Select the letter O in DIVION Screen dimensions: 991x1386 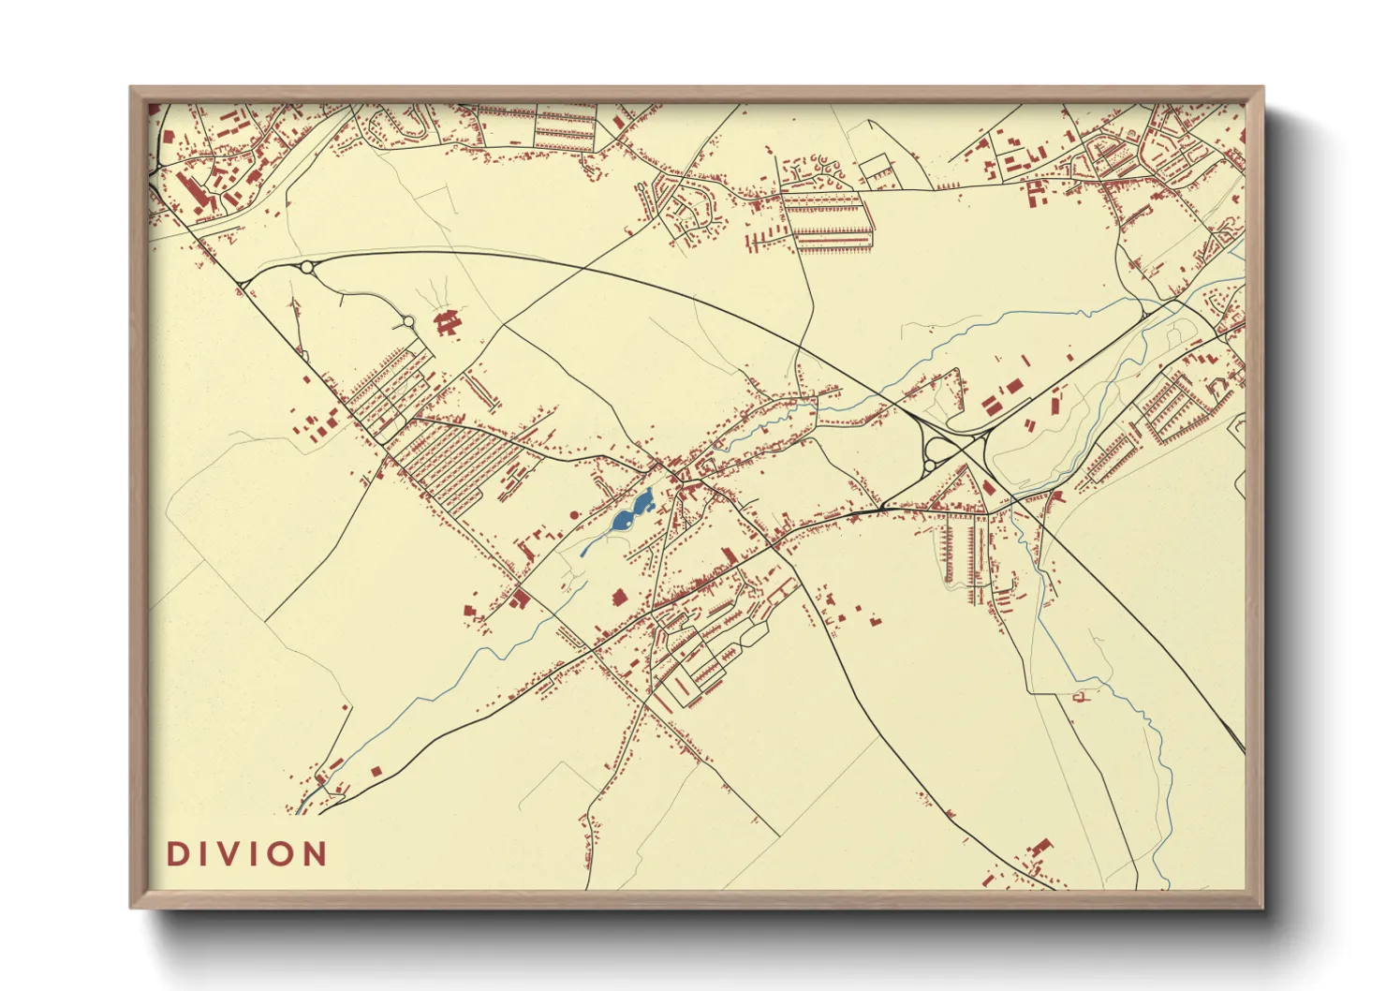281,854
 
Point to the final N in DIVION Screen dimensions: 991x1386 315,854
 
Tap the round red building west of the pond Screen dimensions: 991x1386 575,514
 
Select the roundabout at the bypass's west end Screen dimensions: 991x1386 307,268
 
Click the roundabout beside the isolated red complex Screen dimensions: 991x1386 408,321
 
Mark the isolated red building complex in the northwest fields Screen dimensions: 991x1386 448,322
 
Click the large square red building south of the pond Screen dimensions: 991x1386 618,596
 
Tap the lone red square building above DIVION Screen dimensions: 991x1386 376,771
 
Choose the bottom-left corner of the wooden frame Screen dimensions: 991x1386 132,907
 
